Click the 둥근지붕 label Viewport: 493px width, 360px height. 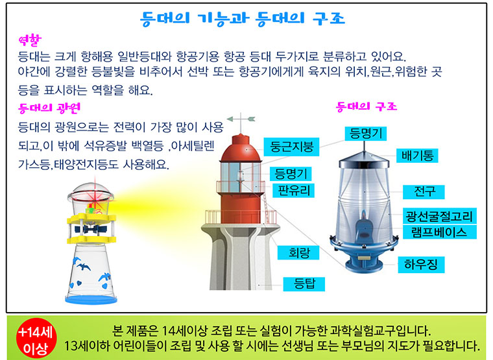(291, 147)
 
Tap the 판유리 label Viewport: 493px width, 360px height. (294, 190)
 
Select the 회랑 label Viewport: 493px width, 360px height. (298, 252)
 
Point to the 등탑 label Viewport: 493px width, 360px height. (304, 284)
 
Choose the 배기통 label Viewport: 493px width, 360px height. (417, 155)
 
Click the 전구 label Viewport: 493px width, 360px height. (424, 191)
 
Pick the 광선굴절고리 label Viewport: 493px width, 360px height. (440, 216)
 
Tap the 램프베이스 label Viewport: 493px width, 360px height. (440, 232)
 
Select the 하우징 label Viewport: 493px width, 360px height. (421, 265)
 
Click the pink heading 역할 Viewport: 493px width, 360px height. (30, 40)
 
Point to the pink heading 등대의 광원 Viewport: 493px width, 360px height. (49, 108)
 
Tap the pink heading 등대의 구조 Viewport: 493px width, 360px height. (367, 106)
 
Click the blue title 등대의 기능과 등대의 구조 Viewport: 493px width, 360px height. (243, 19)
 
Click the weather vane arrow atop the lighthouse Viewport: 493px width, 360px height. (241, 119)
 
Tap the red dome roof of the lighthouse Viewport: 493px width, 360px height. (241, 149)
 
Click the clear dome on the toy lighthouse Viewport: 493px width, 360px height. (91, 192)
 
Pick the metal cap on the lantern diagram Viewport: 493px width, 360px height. (364, 160)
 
